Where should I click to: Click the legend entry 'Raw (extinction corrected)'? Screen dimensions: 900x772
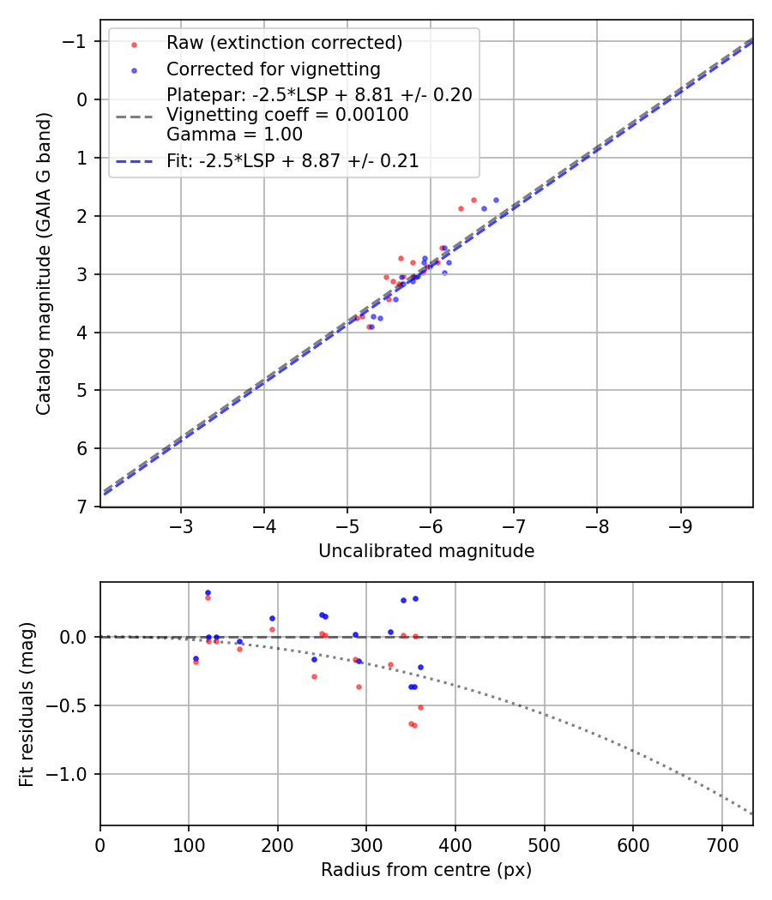(284, 43)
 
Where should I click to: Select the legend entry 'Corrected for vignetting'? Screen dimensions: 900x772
(274, 69)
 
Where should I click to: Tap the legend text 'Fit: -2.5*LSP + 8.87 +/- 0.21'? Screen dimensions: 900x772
(293, 161)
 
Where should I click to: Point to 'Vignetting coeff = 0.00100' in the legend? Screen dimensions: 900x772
(287, 115)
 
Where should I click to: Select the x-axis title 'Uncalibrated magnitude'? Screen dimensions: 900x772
(426, 551)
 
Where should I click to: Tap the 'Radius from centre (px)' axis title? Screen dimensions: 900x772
(426, 870)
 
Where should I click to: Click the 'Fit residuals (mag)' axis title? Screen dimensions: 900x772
(26, 705)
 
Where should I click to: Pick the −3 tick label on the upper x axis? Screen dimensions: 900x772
(180, 523)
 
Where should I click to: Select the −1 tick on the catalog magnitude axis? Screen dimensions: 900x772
(78, 41)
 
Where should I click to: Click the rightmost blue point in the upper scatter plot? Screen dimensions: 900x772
(496, 200)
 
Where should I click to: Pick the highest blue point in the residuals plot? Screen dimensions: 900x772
(208, 592)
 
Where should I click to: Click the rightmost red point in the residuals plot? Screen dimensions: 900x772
(420, 707)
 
